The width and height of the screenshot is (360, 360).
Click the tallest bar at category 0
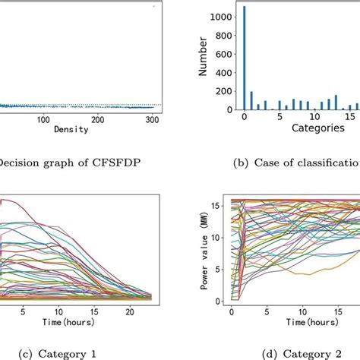244,61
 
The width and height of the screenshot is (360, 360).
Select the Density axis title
71,129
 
